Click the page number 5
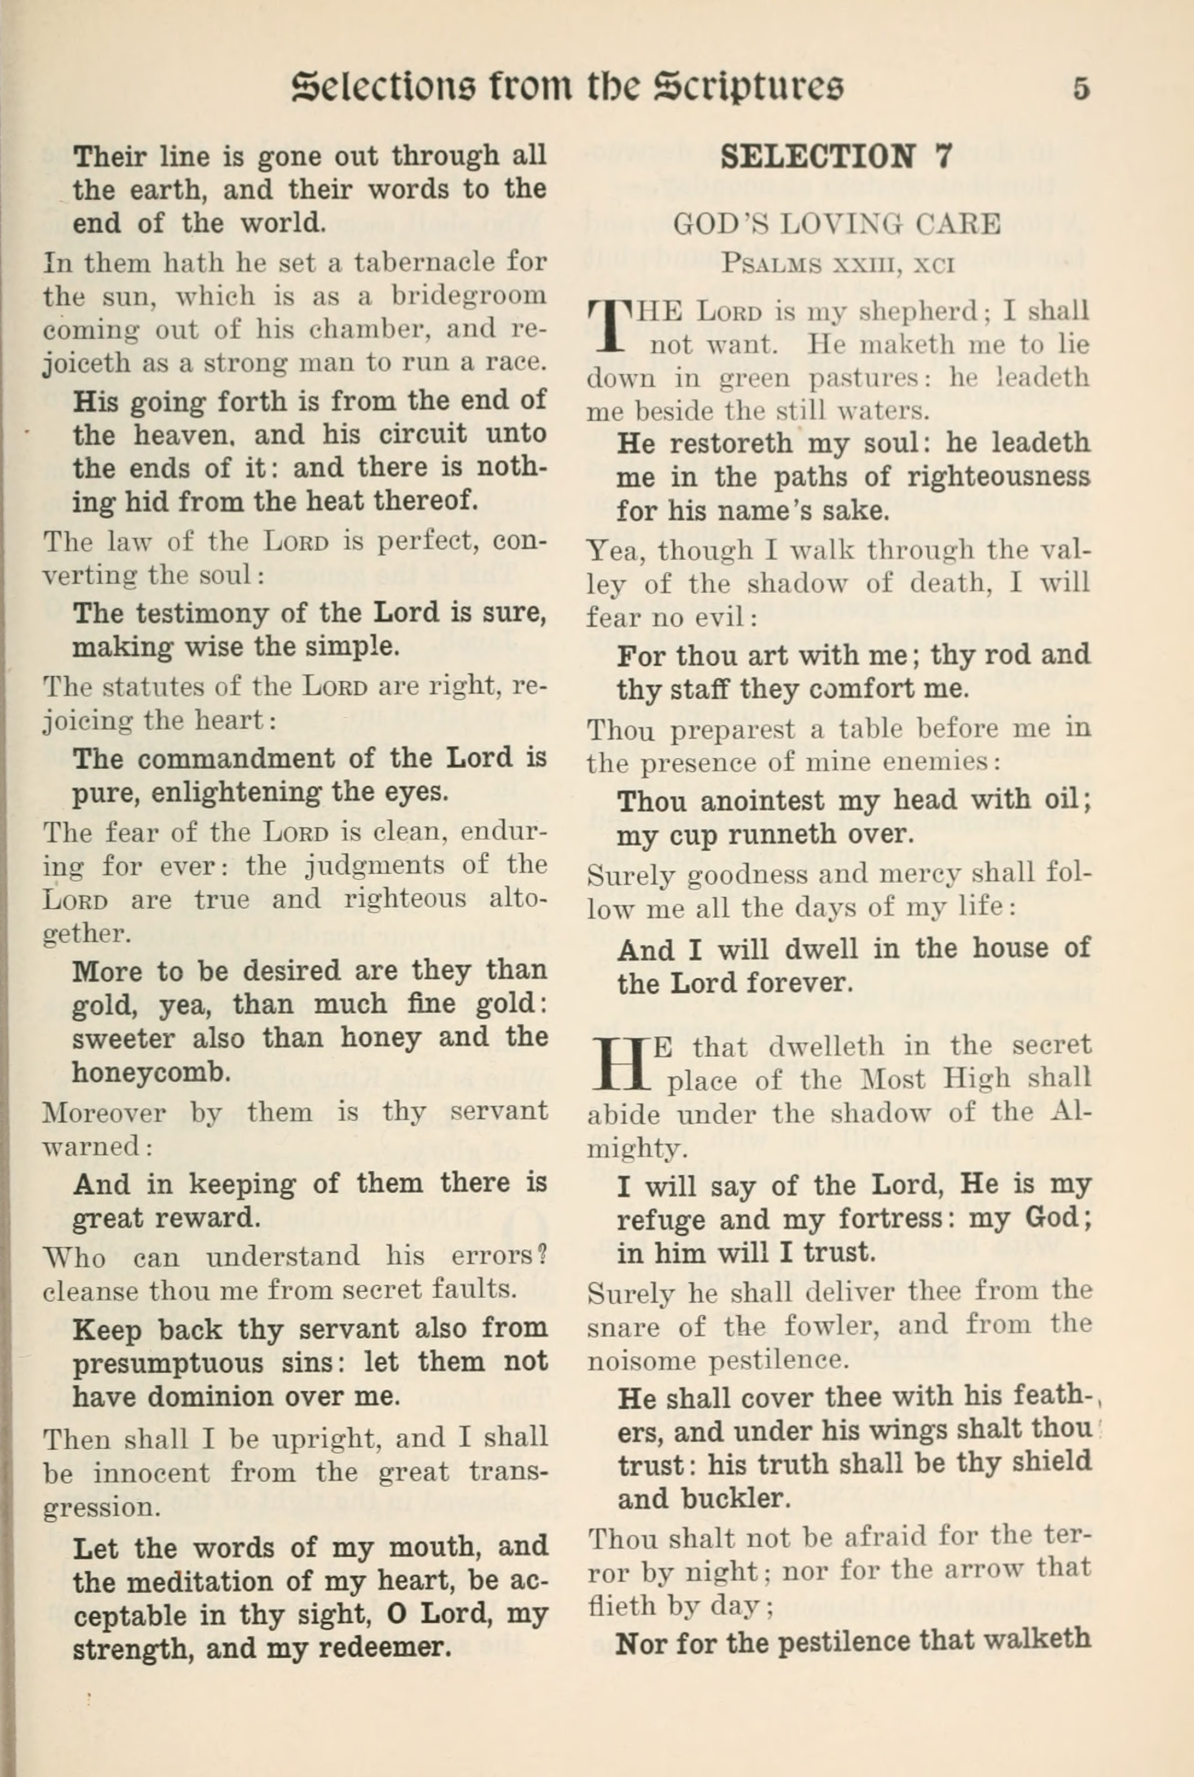coord(1081,89)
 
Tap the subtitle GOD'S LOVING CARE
coord(836,224)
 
